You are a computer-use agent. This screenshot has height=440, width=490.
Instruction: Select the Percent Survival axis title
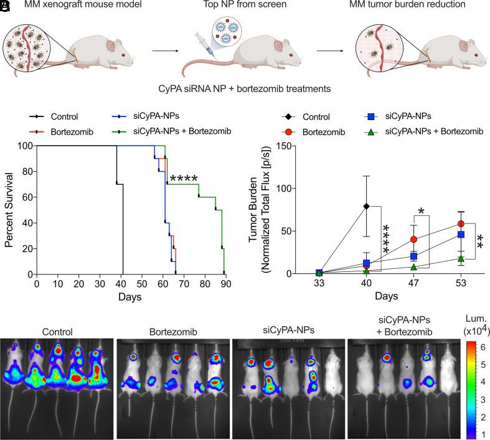pyautogui.click(x=11, y=210)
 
